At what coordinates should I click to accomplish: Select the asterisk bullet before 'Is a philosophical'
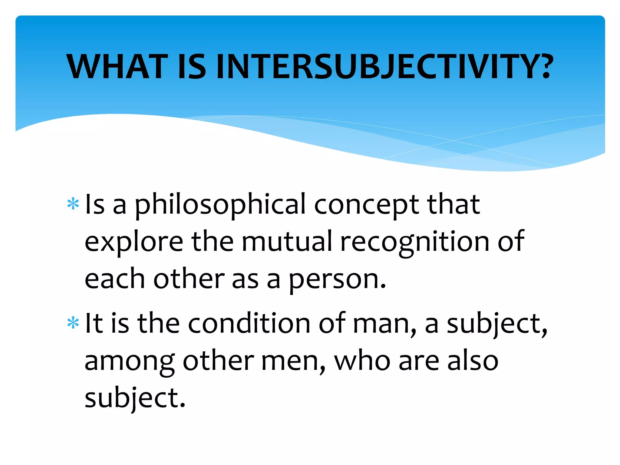click(73, 204)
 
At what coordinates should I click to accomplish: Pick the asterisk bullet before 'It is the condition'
click(73, 323)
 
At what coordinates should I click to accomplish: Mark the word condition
click(249, 323)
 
